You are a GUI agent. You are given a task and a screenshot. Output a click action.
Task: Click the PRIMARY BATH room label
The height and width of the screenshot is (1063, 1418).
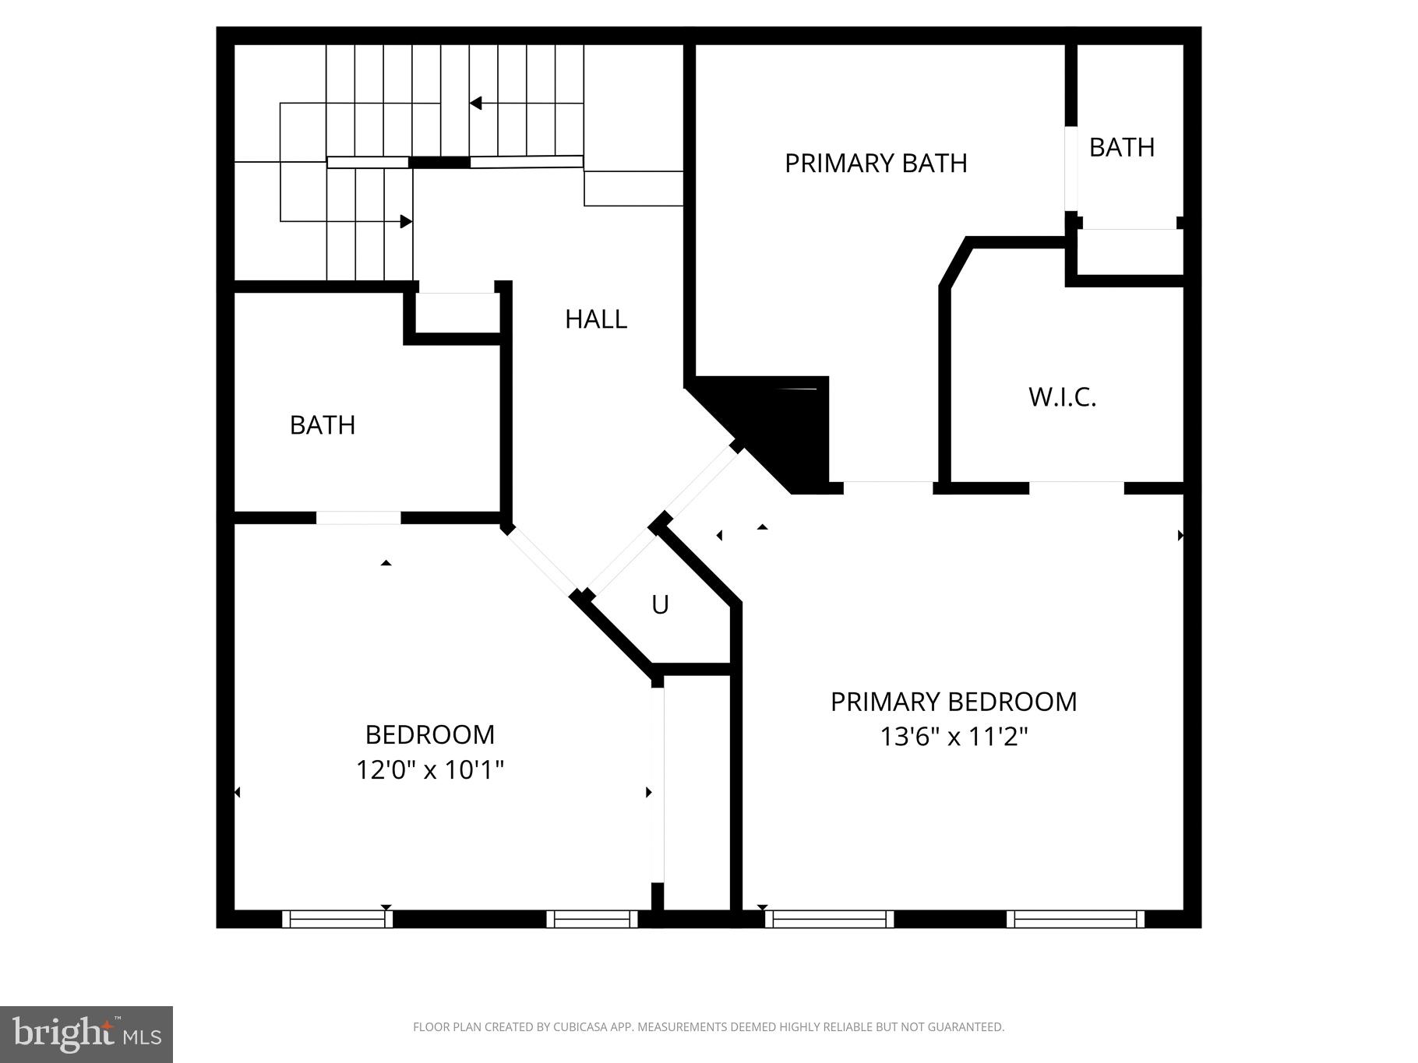point(876,164)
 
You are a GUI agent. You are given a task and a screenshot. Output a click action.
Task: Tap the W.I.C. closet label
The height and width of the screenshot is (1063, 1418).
point(1062,397)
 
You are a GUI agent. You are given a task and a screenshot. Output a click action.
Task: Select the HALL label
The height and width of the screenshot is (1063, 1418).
point(596,319)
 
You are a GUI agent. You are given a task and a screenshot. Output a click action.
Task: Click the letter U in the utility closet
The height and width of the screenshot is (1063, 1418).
point(660,605)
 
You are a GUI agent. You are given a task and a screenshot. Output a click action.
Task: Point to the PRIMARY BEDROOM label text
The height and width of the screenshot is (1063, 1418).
point(954,702)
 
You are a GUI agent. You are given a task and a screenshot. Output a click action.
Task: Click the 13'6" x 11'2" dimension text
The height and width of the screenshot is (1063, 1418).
point(954,737)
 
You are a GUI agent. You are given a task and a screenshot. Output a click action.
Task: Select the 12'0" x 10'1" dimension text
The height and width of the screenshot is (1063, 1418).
point(430,770)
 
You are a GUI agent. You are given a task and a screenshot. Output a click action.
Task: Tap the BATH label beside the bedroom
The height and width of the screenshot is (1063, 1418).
point(323,425)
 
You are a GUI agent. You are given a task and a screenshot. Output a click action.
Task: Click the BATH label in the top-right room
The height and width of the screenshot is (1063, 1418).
point(1121,147)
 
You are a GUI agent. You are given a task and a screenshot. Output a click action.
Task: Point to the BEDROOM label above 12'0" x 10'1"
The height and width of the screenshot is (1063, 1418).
point(430,734)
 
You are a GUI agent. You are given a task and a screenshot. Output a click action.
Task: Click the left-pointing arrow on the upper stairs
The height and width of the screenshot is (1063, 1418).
point(475,104)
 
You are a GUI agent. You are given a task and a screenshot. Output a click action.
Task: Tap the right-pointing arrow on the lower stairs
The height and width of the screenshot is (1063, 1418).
point(405,222)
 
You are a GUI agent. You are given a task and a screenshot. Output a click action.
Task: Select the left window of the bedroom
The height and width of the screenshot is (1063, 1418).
point(337,919)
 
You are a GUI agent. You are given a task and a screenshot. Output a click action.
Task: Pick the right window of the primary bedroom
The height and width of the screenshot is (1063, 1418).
point(1075,919)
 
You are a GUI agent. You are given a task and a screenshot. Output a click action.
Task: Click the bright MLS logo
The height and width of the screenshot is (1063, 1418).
point(86,1034)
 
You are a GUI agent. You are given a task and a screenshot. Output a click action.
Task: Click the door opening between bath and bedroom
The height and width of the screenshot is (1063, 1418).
point(358,518)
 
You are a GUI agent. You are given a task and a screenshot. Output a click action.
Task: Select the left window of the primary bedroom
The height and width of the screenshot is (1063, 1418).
point(829,919)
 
